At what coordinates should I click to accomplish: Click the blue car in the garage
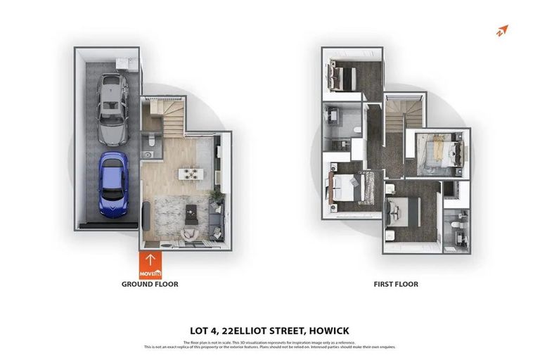pos(112,184)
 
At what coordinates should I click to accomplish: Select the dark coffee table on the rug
pos(190,212)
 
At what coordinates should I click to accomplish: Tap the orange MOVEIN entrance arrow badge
pos(150,265)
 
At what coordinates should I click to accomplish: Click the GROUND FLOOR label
pos(150,285)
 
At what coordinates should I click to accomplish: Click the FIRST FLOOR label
pos(395,285)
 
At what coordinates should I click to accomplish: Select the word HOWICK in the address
pos(326,330)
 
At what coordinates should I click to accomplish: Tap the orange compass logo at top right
pos(501,31)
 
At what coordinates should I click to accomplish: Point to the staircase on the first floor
pos(404,115)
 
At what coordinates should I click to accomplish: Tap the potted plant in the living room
pos(217,198)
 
